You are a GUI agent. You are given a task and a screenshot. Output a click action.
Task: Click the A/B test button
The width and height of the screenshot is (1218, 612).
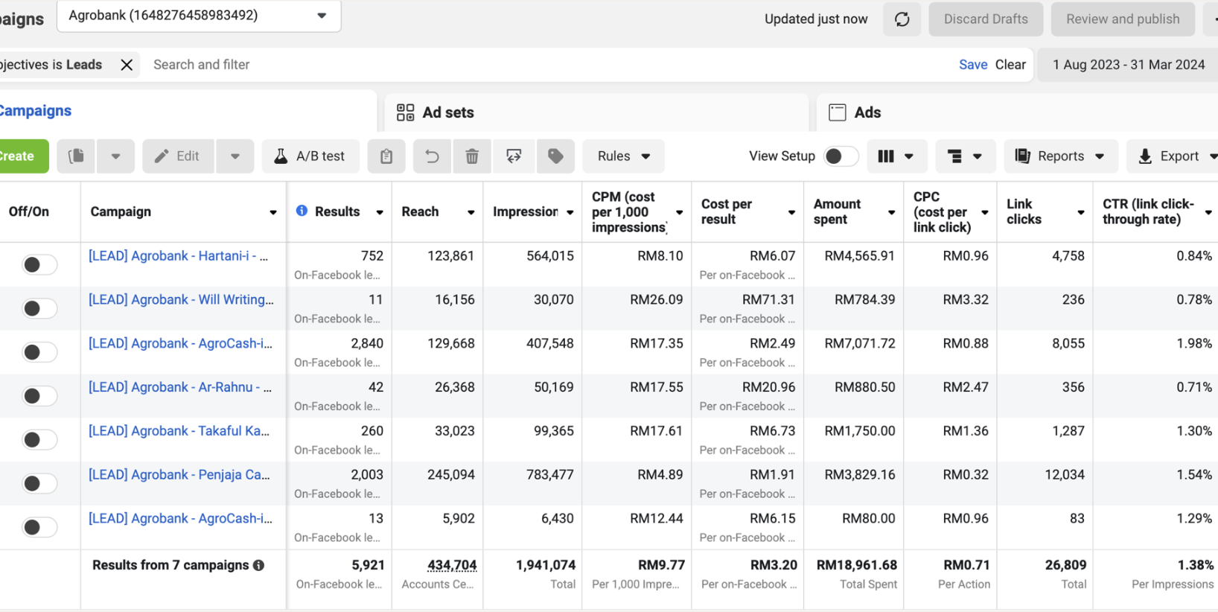pyautogui.click(x=310, y=156)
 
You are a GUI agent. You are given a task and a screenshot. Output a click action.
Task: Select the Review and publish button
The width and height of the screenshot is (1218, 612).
pyautogui.click(x=1122, y=19)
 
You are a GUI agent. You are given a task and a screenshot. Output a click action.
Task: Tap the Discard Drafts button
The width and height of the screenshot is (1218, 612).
pyautogui.click(x=985, y=19)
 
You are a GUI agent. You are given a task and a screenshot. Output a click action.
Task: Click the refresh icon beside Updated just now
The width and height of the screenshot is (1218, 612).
pyautogui.click(x=902, y=19)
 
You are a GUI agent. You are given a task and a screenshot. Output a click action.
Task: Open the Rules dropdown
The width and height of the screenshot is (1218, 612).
pyautogui.click(x=623, y=156)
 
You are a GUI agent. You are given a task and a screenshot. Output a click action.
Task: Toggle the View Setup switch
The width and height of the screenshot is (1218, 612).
pyautogui.click(x=841, y=156)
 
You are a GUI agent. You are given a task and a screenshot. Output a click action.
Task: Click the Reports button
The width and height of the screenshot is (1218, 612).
pyautogui.click(x=1061, y=156)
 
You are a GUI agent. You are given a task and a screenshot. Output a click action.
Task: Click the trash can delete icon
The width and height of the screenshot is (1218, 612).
pyautogui.click(x=472, y=156)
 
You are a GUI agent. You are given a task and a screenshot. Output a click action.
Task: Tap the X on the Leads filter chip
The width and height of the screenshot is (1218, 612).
pyautogui.click(x=127, y=65)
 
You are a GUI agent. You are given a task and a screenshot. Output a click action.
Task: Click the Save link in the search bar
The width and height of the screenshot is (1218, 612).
pyautogui.click(x=973, y=65)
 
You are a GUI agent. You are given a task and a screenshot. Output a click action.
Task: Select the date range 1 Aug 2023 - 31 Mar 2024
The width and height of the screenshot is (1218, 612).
pyautogui.click(x=1128, y=65)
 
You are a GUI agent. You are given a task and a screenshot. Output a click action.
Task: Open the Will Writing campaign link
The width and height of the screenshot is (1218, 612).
pyautogui.click(x=181, y=300)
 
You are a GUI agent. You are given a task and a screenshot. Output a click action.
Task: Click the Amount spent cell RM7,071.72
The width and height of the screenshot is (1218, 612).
pyautogui.click(x=860, y=344)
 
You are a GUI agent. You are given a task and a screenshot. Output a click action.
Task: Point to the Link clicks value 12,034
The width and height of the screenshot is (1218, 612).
pyautogui.click(x=1065, y=475)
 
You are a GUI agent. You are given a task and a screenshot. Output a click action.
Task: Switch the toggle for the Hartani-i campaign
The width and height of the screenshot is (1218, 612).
pyautogui.click(x=39, y=265)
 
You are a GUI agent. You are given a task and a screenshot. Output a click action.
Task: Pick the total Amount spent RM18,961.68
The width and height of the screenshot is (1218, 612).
pyautogui.click(x=856, y=565)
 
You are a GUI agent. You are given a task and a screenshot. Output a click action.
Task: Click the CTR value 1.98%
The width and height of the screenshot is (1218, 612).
pyautogui.click(x=1194, y=344)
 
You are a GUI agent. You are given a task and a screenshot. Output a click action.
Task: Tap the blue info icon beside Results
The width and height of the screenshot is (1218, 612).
pyautogui.click(x=302, y=211)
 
